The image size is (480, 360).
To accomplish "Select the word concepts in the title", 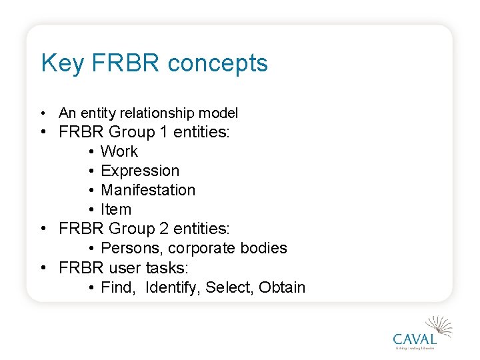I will [x=218, y=63].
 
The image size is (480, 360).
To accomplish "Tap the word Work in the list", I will [x=119, y=151].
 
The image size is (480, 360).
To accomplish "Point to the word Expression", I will [x=140, y=171].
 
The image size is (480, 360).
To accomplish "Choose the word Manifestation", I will [x=148, y=190].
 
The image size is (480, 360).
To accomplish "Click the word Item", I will [x=116, y=209].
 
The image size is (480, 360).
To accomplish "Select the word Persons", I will [x=132, y=248].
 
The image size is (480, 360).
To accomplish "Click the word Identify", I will [x=173, y=287].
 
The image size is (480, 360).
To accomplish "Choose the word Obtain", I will [x=282, y=287].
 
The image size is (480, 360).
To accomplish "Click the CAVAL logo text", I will [x=414, y=338].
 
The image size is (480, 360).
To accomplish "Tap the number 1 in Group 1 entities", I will [x=163, y=132].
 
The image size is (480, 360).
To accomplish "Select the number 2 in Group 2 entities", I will [x=163, y=229].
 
